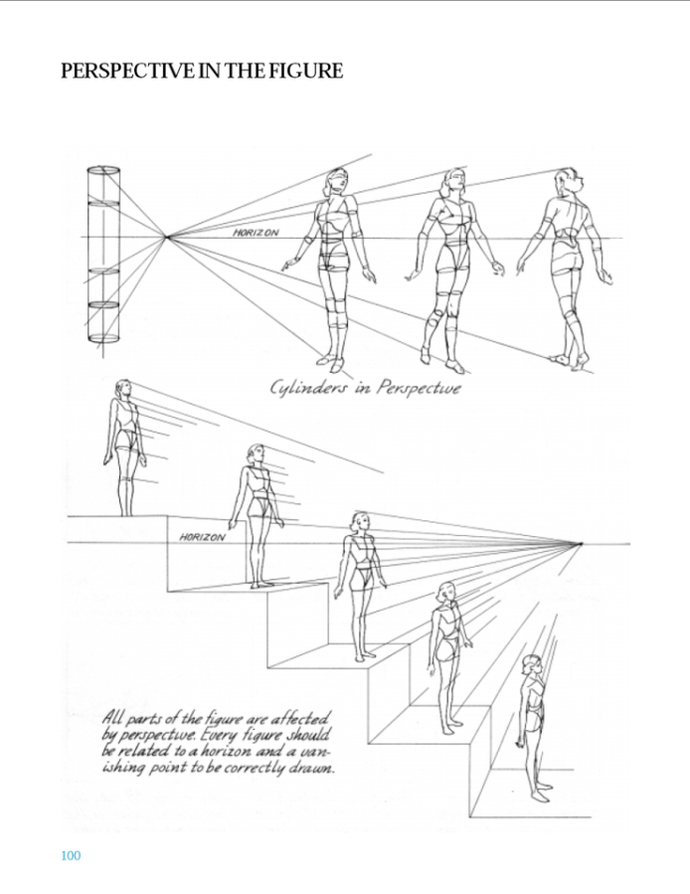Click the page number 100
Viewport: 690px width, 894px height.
71,855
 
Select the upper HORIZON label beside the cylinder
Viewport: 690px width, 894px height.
257,233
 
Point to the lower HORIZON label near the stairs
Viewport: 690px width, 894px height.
203,537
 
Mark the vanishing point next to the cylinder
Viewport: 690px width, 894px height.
166,237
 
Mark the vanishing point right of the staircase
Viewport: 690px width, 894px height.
581,543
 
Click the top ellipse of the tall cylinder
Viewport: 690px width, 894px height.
103,169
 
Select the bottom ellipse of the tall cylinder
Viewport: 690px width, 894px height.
103,338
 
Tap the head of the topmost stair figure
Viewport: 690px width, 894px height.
123,389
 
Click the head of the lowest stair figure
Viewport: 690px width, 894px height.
532,665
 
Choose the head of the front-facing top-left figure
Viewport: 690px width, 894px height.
336,181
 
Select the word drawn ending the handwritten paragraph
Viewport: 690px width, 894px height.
316,768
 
